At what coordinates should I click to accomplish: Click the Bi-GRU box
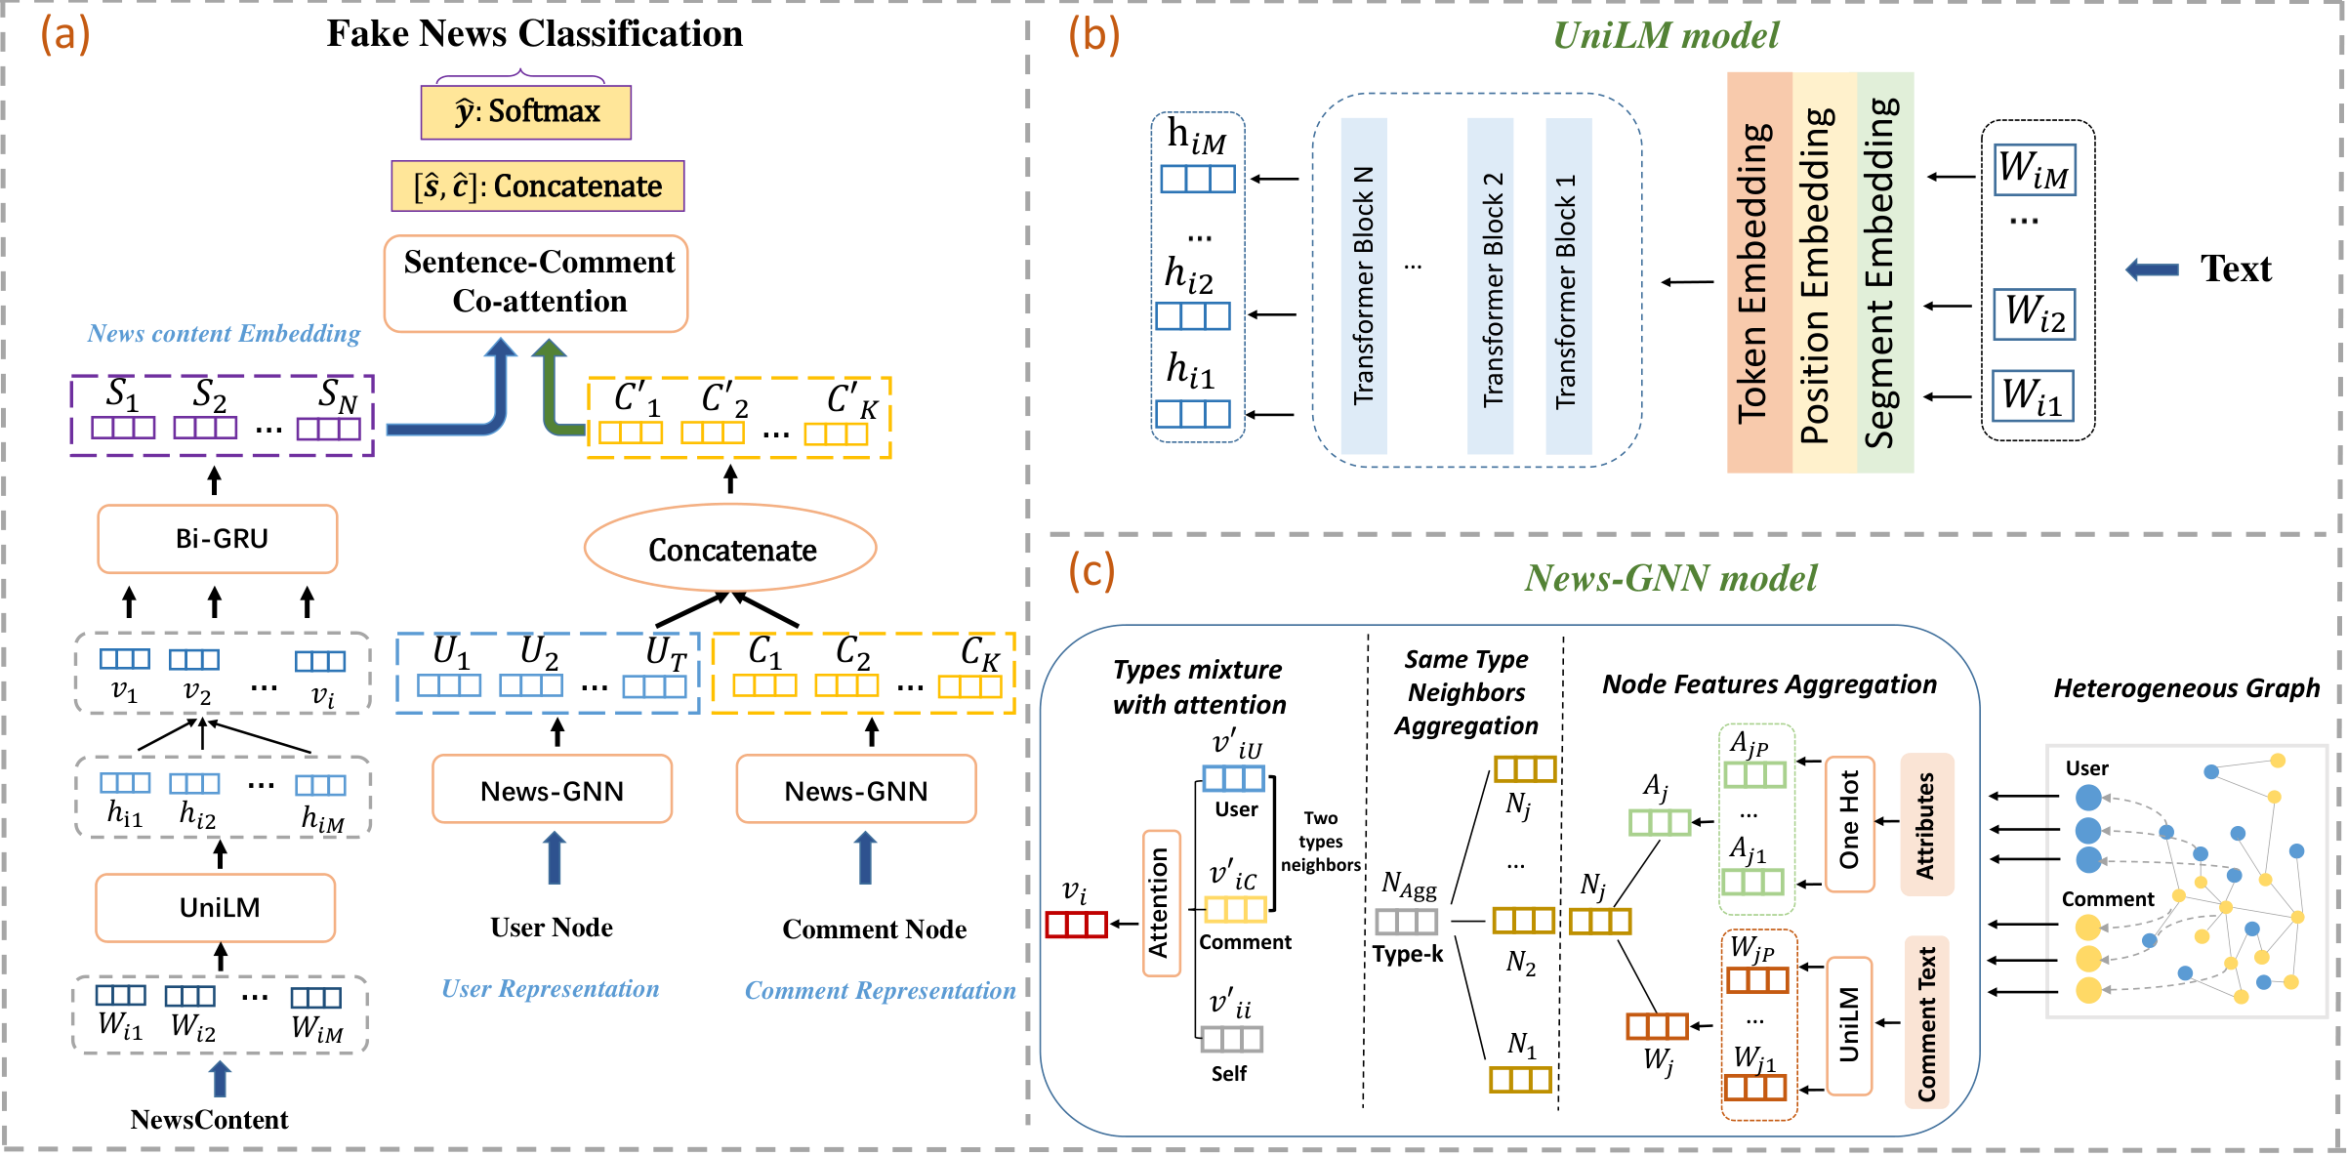point(218,538)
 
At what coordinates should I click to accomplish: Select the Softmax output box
point(526,112)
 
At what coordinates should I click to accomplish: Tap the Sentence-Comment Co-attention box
point(536,283)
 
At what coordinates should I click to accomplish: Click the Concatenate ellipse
point(730,549)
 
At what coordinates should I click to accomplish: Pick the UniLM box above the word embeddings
point(216,908)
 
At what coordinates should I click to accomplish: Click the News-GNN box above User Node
point(553,790)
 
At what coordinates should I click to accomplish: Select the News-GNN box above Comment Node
point(856,790)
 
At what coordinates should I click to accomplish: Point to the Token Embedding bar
point(1759,272)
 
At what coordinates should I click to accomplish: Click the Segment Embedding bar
point(1885,272)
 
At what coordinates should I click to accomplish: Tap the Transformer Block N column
point(1364,286)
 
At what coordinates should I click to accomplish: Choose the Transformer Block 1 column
point(1569,286)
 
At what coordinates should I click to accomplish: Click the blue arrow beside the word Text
point(2152,269)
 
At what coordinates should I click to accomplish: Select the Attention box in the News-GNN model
point(1161,903)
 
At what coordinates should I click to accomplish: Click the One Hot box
point(1850,824)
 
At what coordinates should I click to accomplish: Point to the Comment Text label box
point(1927,1022)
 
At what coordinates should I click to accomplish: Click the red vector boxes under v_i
point(1076,924)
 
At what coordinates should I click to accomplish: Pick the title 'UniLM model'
point(1666,36)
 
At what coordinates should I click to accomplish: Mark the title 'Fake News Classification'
point(535,34)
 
